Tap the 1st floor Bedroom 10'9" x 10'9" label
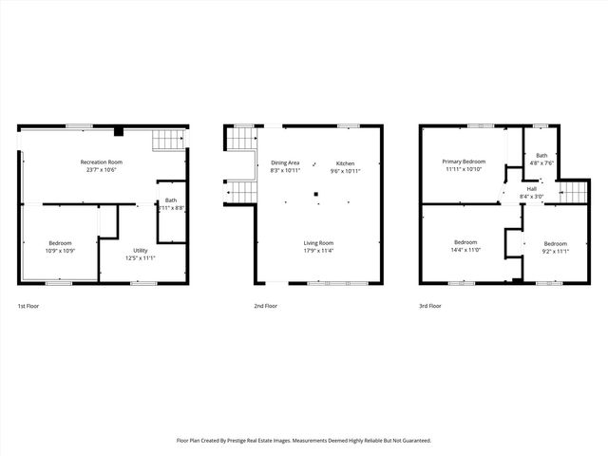(60, 247)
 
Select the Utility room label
(140, 254)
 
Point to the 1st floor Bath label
(171, 203)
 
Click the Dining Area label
(285, 166)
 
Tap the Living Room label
(318, 247)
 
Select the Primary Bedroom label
(463, 165)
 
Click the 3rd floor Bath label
(541, 159)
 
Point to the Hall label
(533, 193)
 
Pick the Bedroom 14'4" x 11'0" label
(465, 246)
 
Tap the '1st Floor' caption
(28, 306)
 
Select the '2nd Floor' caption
(265, 306)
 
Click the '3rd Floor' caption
(430, 306)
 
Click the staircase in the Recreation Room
(166, 142)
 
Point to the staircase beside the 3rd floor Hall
(574, 193)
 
